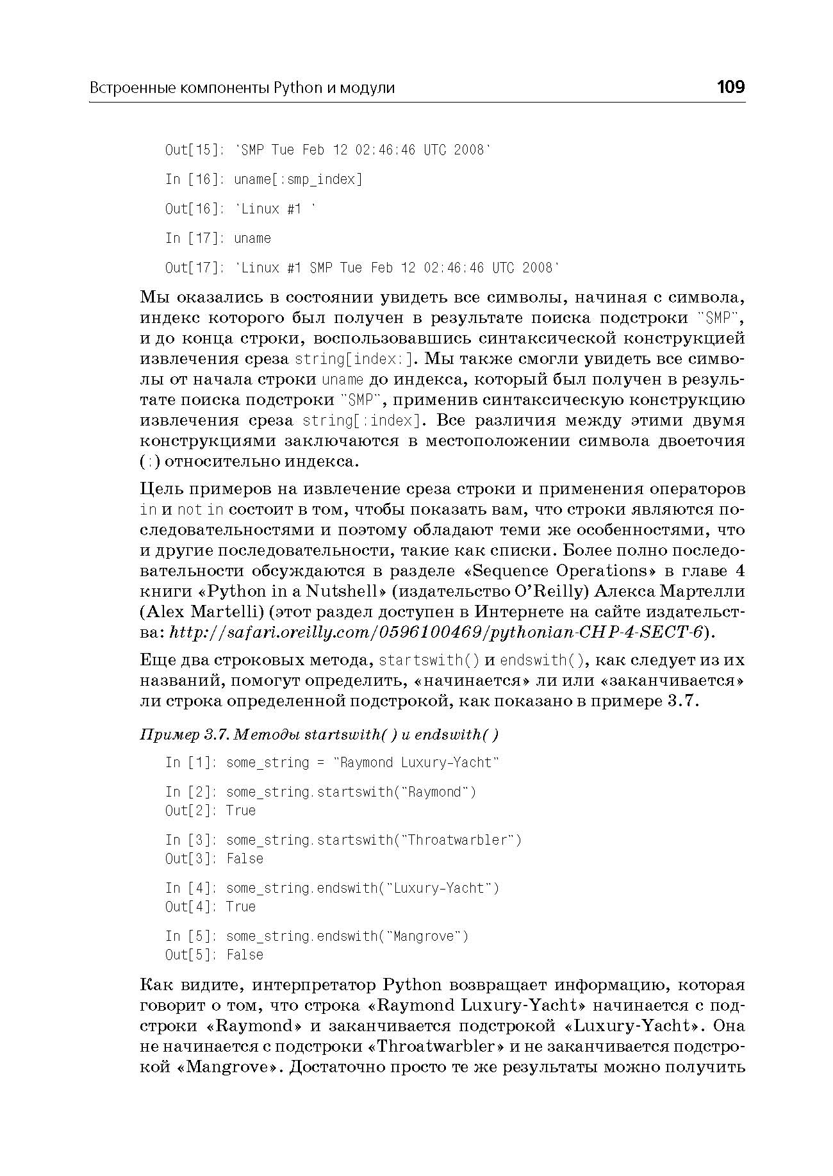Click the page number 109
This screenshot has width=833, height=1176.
[730, 87]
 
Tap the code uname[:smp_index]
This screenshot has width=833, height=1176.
[298, 179]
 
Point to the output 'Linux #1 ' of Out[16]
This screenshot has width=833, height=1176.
[276, 209]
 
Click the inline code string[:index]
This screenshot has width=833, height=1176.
[361, 420]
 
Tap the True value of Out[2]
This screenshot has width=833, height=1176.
[241, 811]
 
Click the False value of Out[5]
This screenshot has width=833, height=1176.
[245, 955]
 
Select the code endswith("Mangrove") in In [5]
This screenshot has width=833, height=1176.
[393, 936]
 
